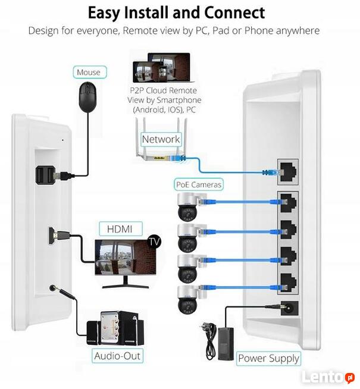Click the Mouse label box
tap(89, 72)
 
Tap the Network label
tap(161, 139)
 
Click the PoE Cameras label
tap(199, 184)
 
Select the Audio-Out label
tap(118, 356)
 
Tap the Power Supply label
tap(268, 358)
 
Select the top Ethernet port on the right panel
tap(290, 171)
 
